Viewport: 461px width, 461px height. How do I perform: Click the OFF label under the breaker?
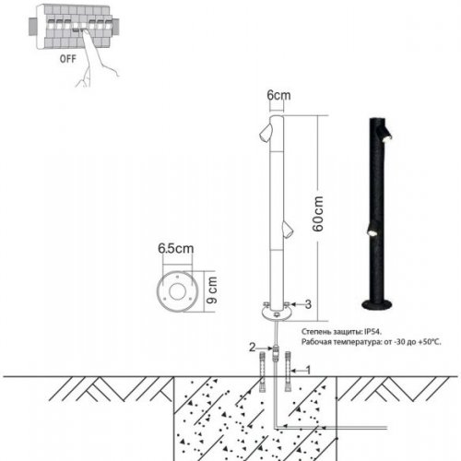[x=68, y=58]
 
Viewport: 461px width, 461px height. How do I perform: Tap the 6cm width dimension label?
[x=278, y=95]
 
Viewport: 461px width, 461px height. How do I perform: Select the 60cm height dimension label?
[x=317, y=214]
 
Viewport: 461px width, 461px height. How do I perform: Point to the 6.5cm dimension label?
[x=176, y=248]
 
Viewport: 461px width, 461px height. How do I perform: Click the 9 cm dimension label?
[x=212, y=290]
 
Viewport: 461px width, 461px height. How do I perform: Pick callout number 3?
[x=308, y=304]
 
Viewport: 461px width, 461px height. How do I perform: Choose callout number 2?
[x=253, y=348]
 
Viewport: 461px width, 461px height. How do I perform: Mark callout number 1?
[x=308, y=370]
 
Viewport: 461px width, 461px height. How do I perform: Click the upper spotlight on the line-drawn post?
[x=266, y=133]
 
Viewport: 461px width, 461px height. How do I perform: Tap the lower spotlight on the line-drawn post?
[x=287, y=230]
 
